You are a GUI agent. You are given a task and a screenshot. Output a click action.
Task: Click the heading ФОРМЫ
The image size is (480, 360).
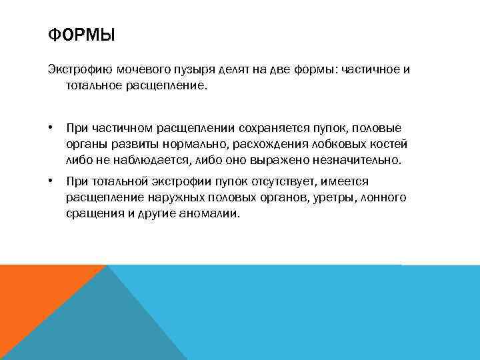81,34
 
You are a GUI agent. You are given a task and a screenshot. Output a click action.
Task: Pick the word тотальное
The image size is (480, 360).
95,85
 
